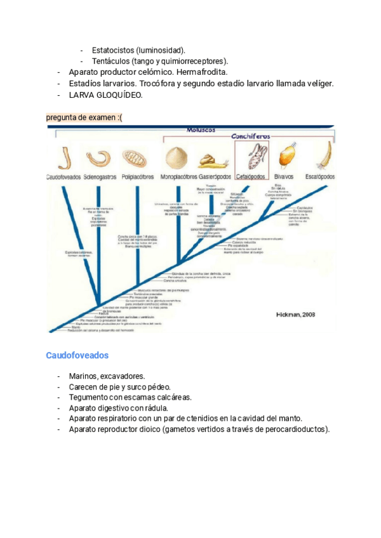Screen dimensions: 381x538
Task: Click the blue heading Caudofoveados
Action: (77, 355)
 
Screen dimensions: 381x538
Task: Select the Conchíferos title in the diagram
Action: (250, 136)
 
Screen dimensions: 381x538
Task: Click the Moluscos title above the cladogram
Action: (201, 129)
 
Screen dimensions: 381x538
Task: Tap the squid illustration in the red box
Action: (252, 157)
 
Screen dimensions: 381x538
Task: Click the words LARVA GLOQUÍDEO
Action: (106, 95)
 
